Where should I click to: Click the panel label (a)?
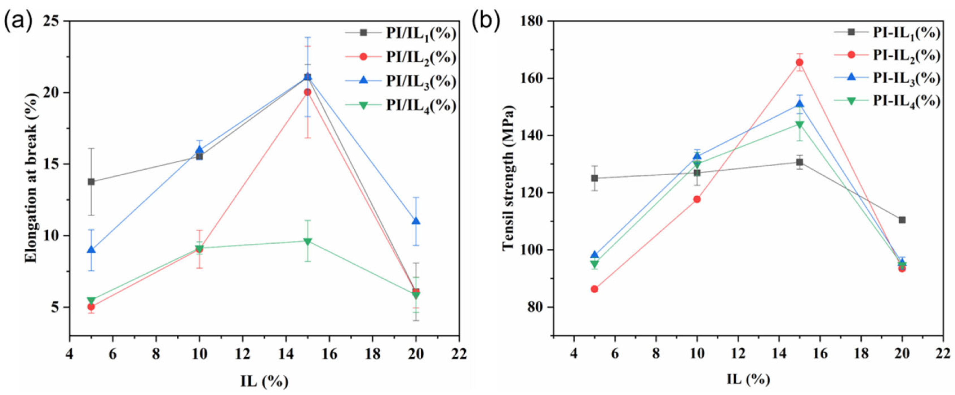(x=17, y=21)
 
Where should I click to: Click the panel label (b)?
(x=486, y=21)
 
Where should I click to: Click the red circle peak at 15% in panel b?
(x=799, y=62)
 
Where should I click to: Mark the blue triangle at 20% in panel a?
(x=416, y=221)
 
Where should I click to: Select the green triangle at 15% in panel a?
(x=307, y=242)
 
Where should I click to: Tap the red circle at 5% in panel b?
(x=594, y=289)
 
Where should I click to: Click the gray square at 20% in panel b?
(x=902, y=220)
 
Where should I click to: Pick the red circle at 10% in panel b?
(x=697, y=199)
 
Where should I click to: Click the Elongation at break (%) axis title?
(x=32, y=178)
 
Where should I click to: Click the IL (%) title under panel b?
(x=746, y=379)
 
